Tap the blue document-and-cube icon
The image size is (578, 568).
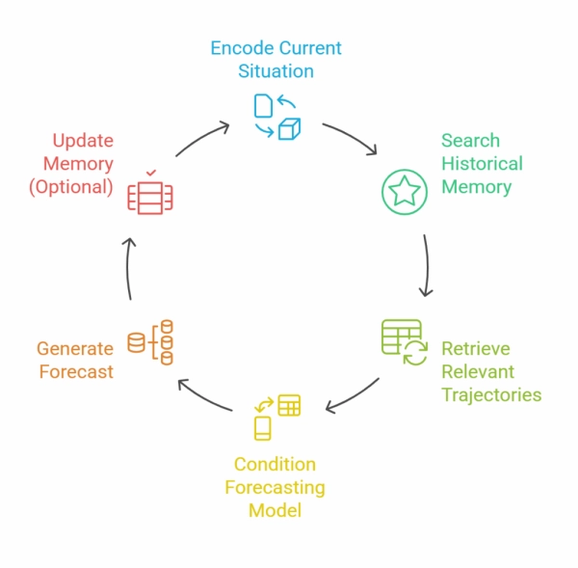(276, 116)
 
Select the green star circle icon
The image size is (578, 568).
(405, 191)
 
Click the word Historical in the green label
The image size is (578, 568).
(482, 163)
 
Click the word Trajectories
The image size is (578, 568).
(491, 394)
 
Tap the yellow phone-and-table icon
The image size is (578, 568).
(276, 416)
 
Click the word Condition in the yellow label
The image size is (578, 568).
(275, 465)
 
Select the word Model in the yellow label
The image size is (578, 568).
(275, 510)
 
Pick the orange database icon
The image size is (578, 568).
(151, 342)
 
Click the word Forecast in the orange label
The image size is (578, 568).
(76, 371)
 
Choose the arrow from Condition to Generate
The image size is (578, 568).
(207, 394)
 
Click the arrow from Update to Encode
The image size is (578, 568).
(200, 137)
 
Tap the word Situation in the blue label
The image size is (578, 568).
(276, 70)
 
